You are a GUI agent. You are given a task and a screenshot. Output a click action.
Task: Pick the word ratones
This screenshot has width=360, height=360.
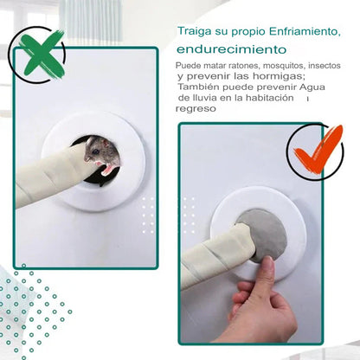click(246, 66)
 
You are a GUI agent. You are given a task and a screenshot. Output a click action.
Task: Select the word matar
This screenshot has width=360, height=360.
click(213, 66)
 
